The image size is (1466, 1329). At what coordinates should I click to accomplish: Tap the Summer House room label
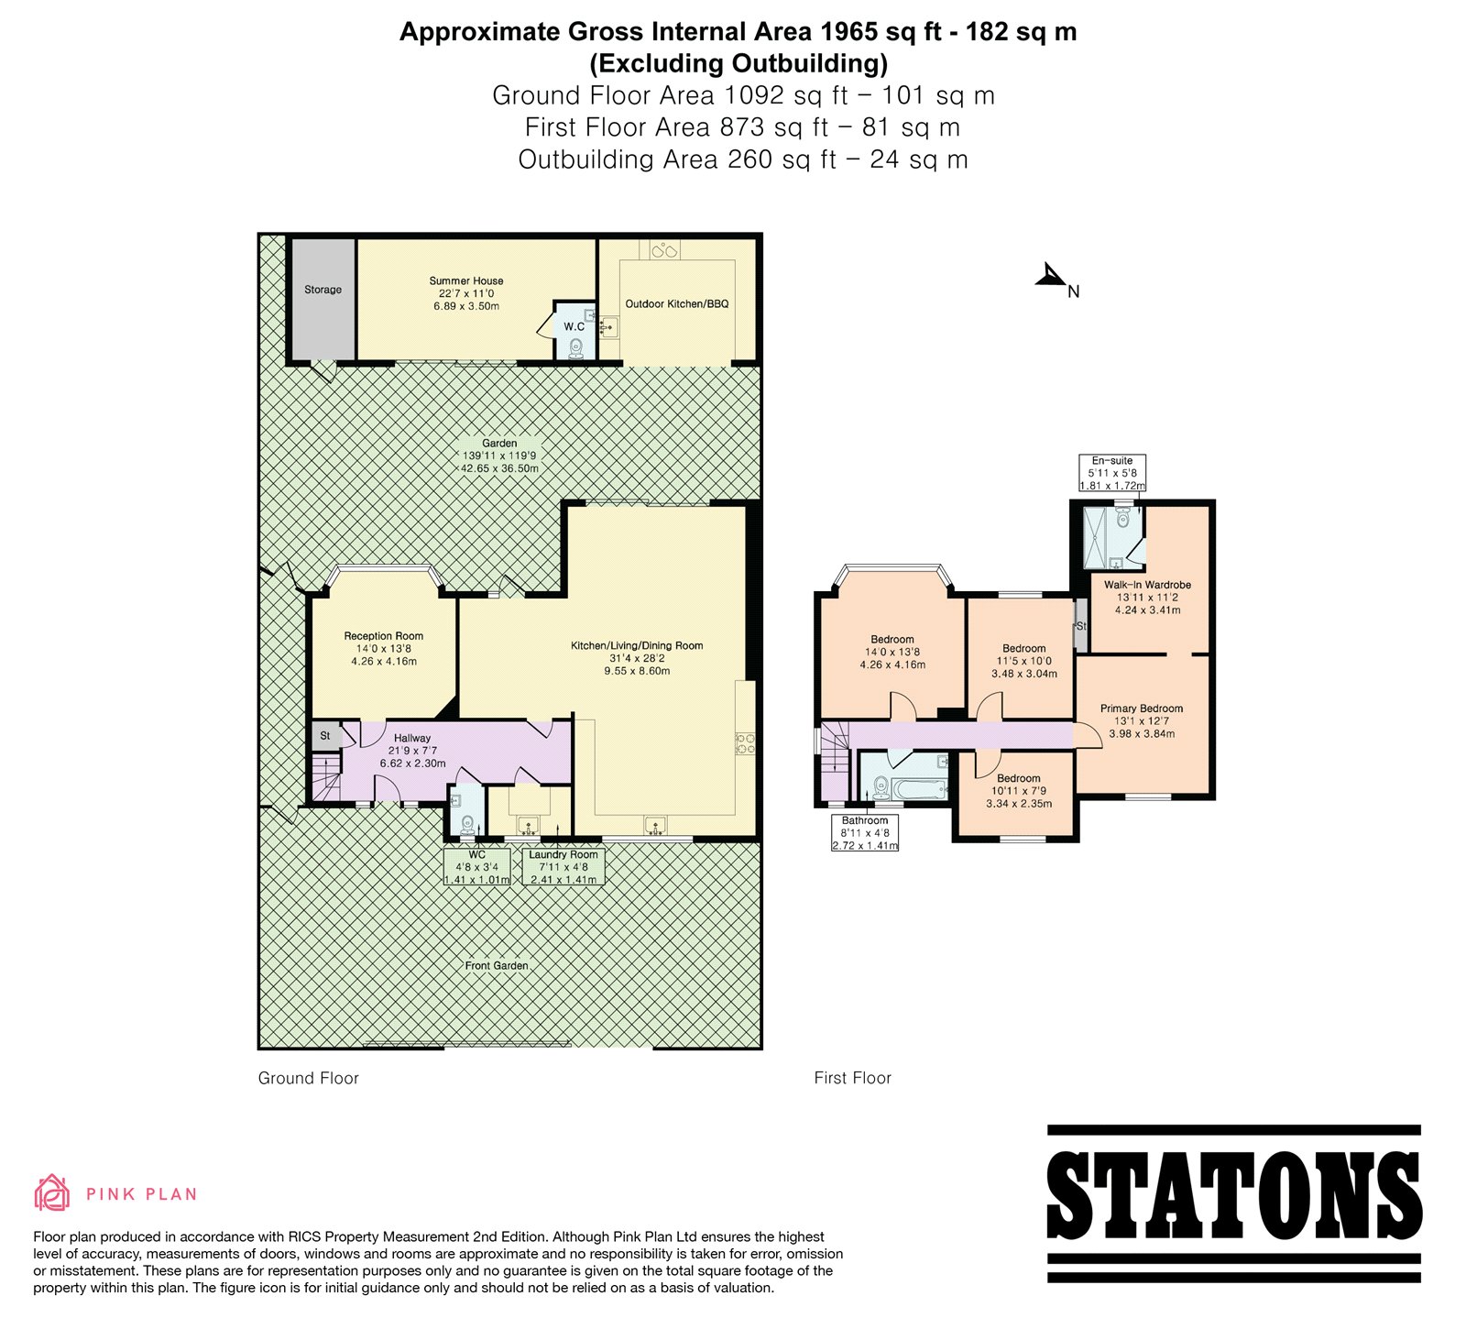466,281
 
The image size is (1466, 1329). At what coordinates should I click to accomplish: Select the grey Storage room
323,300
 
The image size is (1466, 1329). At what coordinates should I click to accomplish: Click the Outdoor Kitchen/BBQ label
677,304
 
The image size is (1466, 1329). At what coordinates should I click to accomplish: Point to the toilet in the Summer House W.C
575,347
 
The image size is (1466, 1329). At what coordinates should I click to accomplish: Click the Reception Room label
384,636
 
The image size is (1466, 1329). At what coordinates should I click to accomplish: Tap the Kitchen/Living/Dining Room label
637,646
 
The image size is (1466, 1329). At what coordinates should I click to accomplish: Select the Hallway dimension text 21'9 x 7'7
412,751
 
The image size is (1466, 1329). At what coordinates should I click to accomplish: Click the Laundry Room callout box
563,867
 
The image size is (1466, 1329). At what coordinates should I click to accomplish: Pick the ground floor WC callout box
477,867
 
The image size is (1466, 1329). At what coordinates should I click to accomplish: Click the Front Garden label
497,965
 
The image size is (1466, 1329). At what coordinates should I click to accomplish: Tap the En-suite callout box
1112,473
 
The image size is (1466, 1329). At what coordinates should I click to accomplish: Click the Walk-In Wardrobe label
1147,585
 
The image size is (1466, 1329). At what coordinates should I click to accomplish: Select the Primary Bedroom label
1142,708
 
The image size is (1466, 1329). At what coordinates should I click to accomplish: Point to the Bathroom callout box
865,833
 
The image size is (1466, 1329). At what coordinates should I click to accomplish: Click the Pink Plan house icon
52,1192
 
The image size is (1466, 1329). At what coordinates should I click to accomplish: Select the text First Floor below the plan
852,1078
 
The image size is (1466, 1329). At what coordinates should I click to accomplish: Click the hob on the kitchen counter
744,743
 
